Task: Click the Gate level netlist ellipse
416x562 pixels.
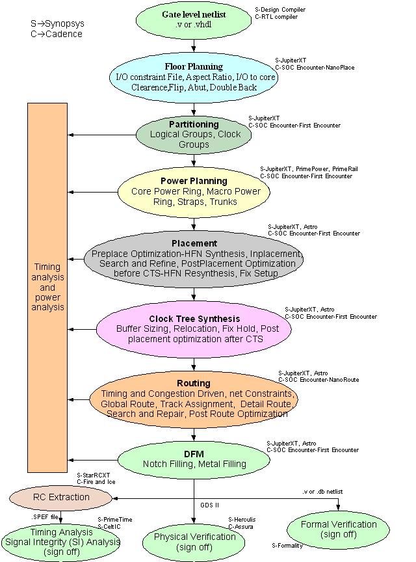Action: coord(194,20)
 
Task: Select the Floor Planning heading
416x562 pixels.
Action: coord(194,66)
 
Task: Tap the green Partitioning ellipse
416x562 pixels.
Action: coord(193,134)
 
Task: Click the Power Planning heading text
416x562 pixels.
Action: coord(194,181)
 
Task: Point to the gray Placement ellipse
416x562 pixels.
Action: coord(194,258)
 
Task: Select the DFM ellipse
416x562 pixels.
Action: coord(194,459)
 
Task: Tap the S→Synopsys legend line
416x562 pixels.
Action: coord(57,24)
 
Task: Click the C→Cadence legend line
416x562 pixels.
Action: coord(56,34)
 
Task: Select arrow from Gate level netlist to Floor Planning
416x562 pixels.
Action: coord(194,46)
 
